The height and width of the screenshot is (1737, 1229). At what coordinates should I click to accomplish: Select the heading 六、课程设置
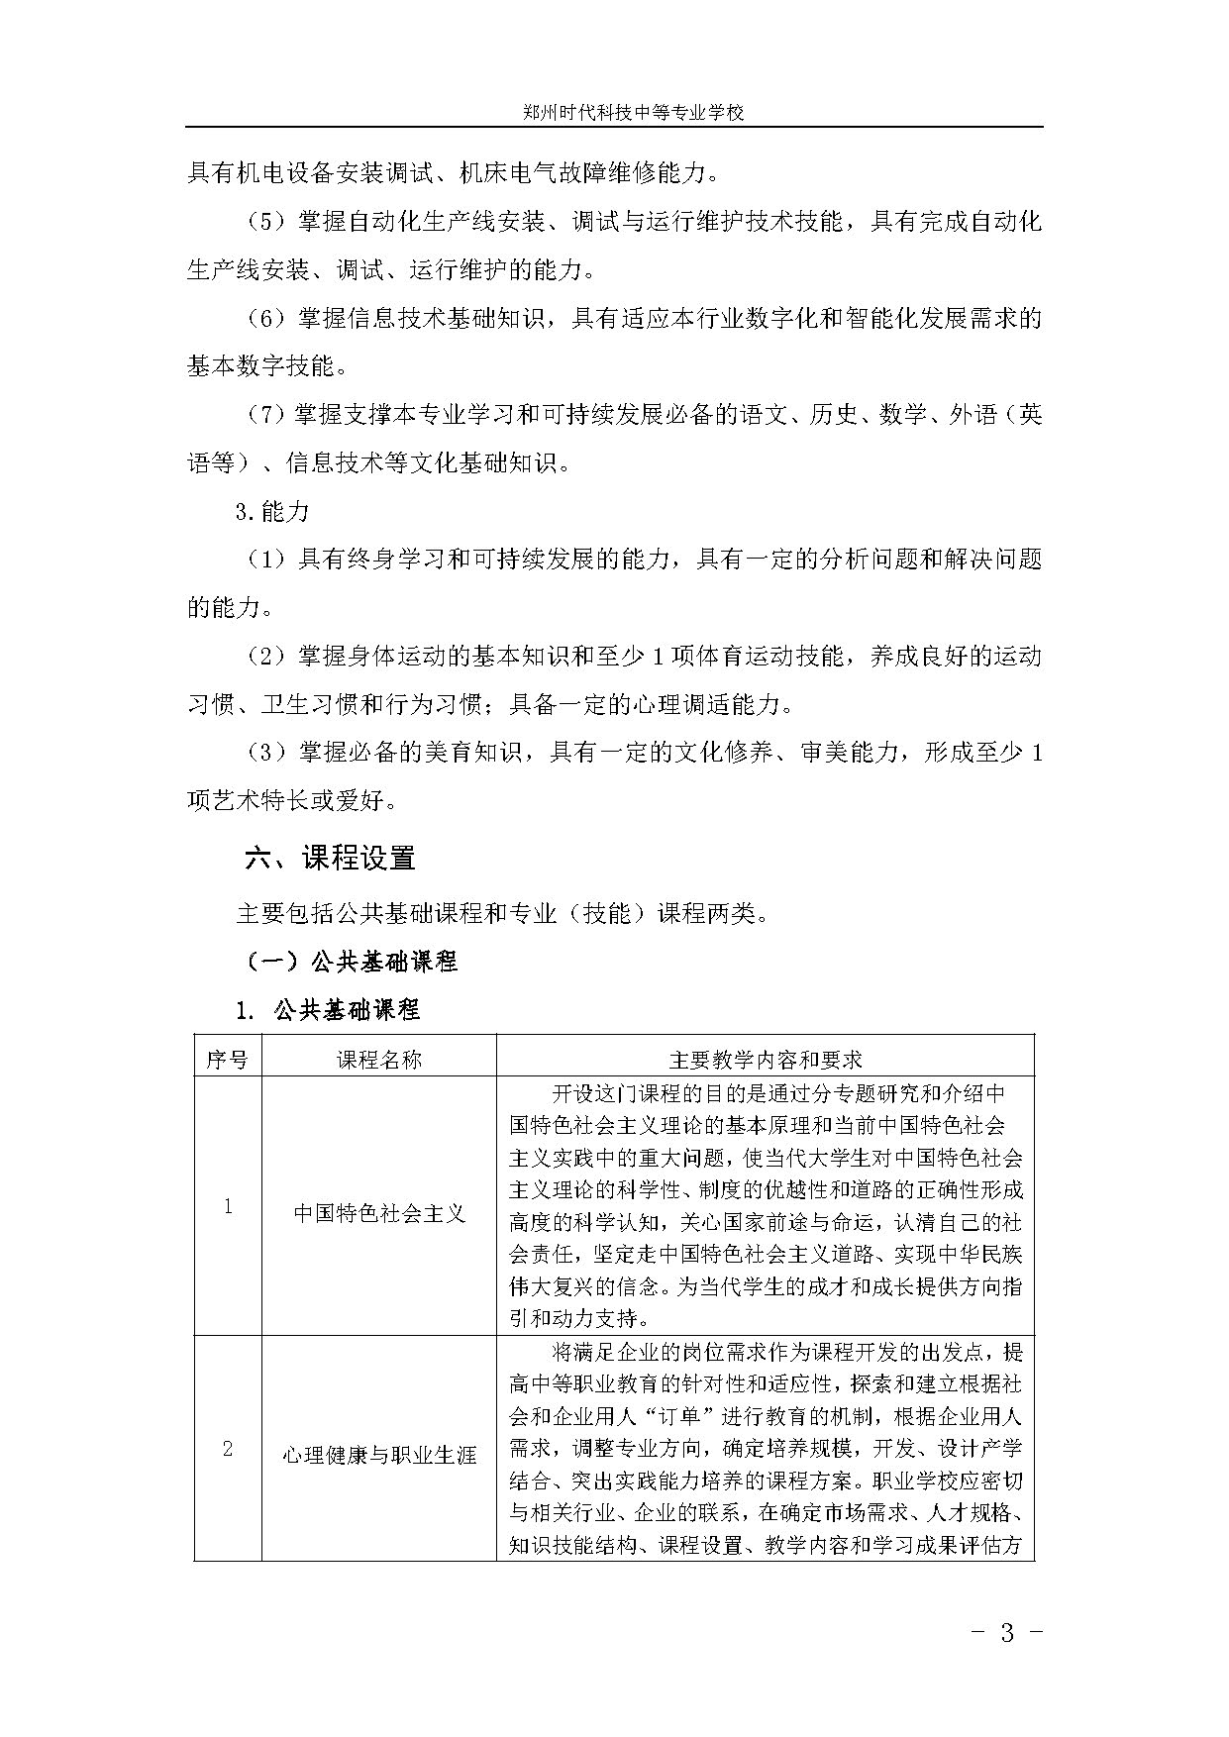(330, 858)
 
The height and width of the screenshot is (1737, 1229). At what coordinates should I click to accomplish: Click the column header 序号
(227, 1060)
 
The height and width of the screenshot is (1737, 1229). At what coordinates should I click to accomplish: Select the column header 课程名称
(378, 1060)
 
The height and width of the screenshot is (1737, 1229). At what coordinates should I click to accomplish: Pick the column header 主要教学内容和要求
(765, 1060)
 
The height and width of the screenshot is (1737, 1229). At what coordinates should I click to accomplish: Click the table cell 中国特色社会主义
(378, 1213)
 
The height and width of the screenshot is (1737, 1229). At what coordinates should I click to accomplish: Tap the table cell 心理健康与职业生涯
(378, 1455)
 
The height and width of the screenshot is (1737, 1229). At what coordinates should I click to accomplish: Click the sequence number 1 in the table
(228, 1207)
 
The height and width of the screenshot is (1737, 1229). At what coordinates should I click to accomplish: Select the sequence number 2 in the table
(228, 1449)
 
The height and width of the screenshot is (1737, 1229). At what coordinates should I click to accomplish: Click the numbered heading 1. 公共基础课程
(328, 1010)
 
